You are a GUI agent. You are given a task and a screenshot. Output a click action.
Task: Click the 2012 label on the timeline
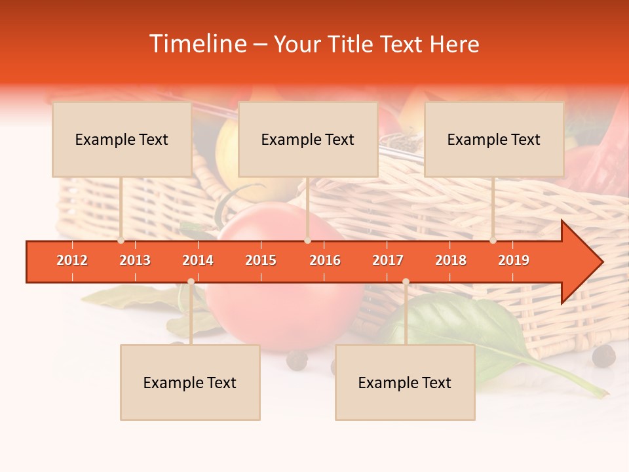[x=72, y=260]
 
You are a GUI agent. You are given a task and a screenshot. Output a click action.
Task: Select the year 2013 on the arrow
[x=135, y=260]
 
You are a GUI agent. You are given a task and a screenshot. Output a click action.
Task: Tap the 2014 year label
[x=198, y=260]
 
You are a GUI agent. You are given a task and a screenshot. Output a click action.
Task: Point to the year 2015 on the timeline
[x=261, y=260]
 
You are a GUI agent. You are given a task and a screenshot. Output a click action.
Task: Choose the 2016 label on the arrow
[x=325, y=260]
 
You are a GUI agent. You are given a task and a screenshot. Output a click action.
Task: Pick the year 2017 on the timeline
[x=388, y=260]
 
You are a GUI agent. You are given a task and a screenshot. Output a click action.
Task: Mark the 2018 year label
[x=451, y=260]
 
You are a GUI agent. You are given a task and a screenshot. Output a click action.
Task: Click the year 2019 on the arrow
[x=514, y=260]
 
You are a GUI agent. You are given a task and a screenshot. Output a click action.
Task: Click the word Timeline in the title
[x=196, y=44]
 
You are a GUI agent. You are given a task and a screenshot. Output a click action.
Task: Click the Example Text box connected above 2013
[x=122, y=139]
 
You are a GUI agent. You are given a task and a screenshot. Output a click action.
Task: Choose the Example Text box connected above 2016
[x=308, y=139]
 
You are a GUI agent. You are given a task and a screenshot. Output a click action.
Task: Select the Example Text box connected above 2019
[x=494, y=139]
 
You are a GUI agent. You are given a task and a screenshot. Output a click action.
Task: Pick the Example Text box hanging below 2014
[x=190, y=382]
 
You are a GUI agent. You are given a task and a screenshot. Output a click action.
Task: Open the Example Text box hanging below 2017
[x=405, y=382]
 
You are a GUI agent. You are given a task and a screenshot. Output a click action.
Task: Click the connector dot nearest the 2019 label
[x=493, y=241]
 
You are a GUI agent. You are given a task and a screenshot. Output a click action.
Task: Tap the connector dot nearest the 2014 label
[x=191, y=281]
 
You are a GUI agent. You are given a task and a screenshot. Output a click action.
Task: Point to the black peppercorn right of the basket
[x=603, y=356]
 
